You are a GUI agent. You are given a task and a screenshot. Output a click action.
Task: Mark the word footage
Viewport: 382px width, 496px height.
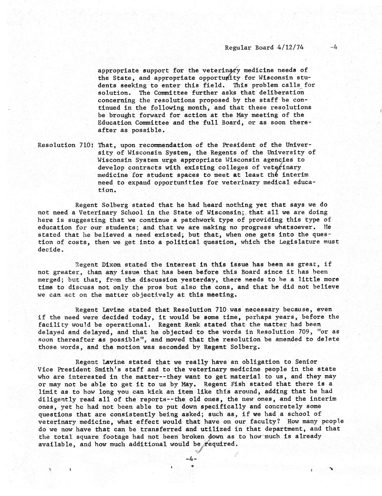click(x=111, y=436)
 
